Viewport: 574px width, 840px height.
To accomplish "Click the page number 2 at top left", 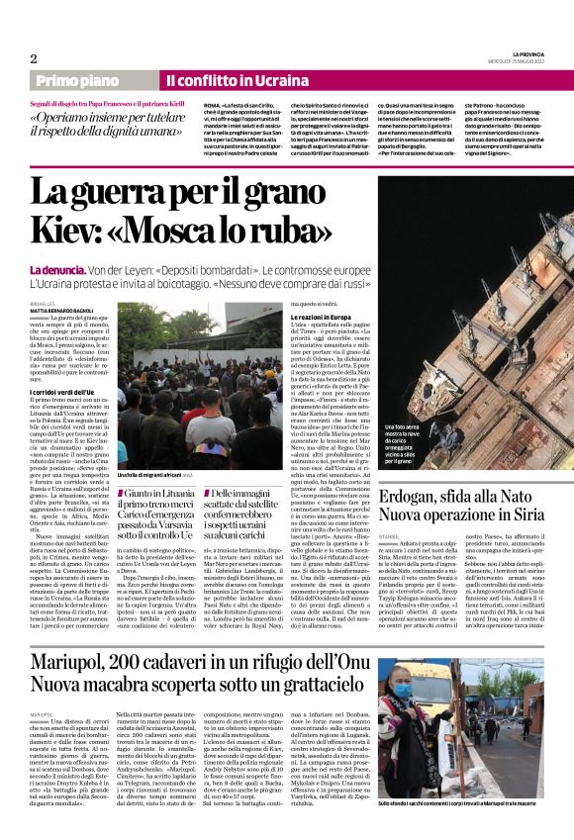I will (x=33, y=57).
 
